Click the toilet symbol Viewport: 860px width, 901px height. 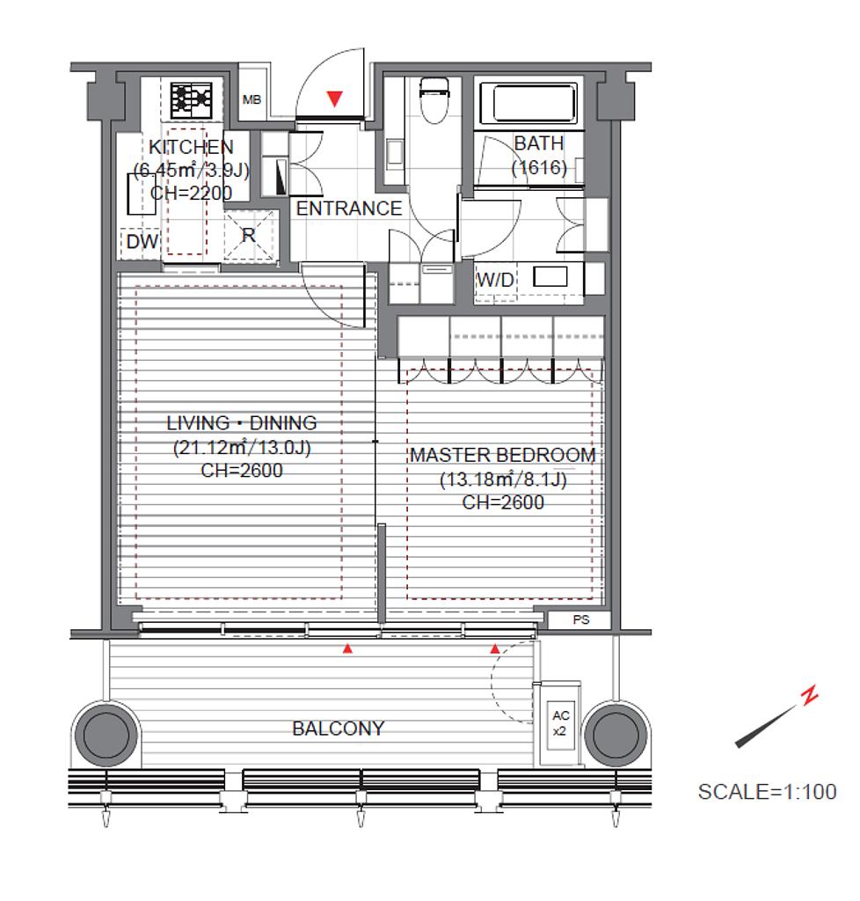tap(433, 100)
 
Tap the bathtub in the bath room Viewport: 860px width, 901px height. tap(528, 103)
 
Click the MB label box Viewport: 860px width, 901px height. tap(251, 100)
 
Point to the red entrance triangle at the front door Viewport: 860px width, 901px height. tap(334, 99)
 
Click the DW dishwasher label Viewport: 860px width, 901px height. tap(142, 241)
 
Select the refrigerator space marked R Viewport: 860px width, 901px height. tap(249, 236)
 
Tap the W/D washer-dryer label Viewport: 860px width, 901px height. tap(495, 280)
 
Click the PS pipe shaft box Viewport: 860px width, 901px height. tap(580, 620)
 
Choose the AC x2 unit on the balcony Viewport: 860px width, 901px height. tap(560, 724)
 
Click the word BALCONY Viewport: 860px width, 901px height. tap(339, 729)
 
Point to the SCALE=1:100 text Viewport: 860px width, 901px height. tap(767, 792)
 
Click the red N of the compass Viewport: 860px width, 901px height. tap(810, 695)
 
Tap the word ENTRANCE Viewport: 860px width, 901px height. tap(348, 208)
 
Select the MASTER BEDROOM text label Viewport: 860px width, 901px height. tap(503, 455)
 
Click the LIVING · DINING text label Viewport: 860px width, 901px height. tap(242, 423)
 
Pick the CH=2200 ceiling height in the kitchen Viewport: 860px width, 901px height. tap(191, 193)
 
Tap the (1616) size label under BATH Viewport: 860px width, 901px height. tap(539, 168)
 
